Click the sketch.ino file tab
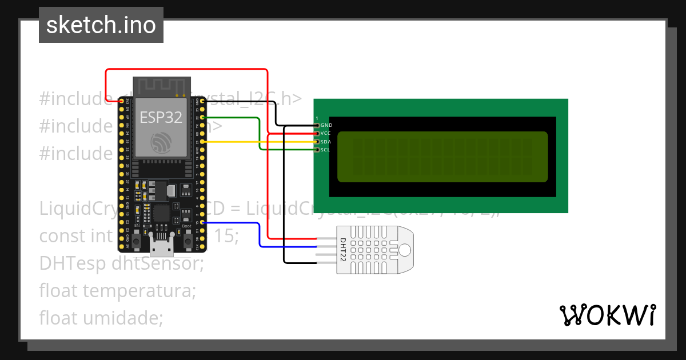click(x=101, y=25)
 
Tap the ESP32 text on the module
click(x=161, y=117)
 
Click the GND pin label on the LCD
click(x=326, y=125)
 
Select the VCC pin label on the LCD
click(x=326, y=133)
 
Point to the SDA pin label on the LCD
click(x=326, y=142)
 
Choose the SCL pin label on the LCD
click(x=326, y=150)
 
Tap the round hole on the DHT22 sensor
click(x=405, y=250)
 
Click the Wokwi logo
click(x=607, y=315)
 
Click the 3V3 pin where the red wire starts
click(x=121, y=101)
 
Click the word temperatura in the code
click(x=139, y=290)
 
